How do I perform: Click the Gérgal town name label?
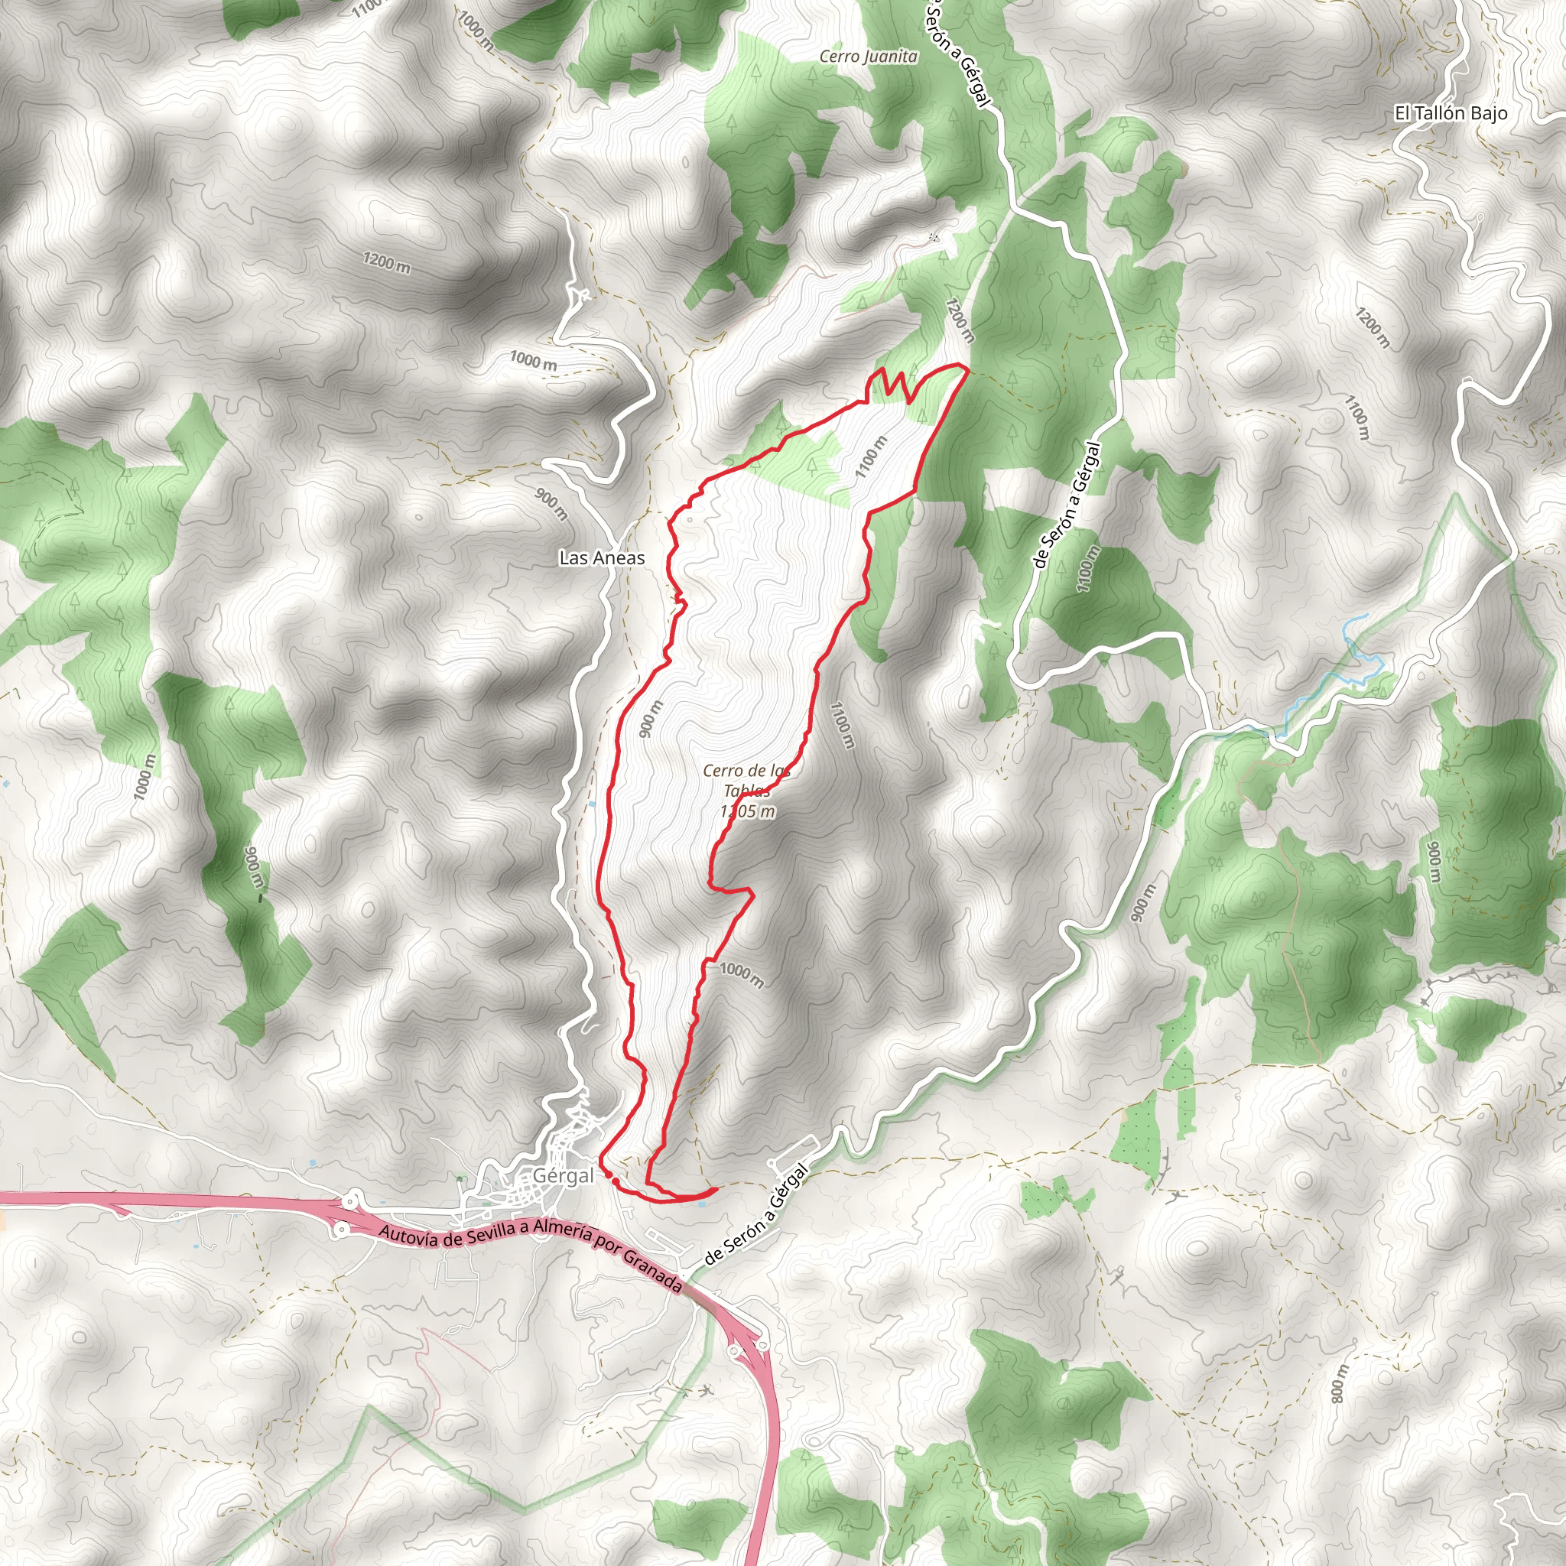[x=564, y=1176]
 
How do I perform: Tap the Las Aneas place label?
[x=602, y=557]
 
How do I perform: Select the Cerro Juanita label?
[x=868, y=56]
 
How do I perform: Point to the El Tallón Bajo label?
[x=1450, y=113]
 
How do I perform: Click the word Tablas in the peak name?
[x=746, y=791]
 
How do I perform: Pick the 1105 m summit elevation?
[x=746, y=811]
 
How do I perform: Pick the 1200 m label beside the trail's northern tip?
[x=958, y=320]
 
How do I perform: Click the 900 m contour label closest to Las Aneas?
[x=551, y=502]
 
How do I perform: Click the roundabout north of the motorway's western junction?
[x=353, y=1198]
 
